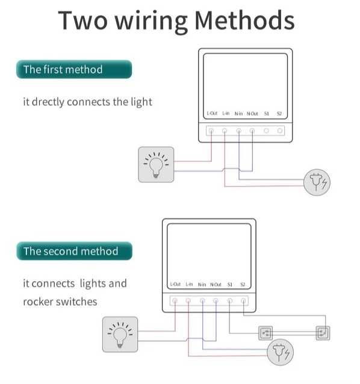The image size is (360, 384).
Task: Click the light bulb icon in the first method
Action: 156,164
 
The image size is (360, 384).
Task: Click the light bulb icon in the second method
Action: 120,334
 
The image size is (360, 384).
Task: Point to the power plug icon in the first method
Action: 317,181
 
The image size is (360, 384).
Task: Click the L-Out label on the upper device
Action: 211,114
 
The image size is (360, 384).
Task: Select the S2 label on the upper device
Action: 279,114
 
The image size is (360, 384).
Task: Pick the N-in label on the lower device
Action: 202,284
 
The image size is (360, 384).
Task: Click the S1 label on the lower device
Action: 230,284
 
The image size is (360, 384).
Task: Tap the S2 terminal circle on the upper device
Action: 280,130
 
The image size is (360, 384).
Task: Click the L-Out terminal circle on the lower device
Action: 175,300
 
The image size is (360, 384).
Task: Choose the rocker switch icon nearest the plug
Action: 265,332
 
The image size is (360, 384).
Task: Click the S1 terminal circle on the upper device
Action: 266,130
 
